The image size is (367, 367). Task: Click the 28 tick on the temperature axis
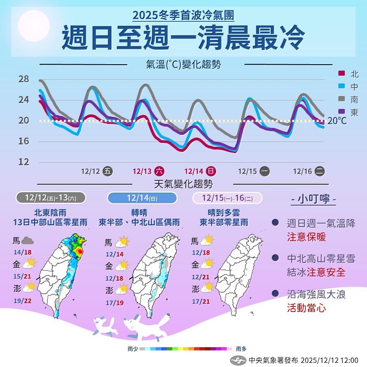(x=23, y=79)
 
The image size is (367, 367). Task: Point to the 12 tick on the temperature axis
(x=23, y=161)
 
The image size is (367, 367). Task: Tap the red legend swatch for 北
(x=341, y=73)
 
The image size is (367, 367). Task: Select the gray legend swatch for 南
(x=341, y=99)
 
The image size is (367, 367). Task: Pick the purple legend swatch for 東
(x=341, y=111)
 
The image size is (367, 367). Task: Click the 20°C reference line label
(x=337, y=121)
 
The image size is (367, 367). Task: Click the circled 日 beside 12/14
(x=211, y=171)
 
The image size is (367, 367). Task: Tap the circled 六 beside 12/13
(x=159, y=171)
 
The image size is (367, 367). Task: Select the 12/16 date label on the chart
(x=302, y=171)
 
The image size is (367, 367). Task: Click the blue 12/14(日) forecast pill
(x=142, y=198)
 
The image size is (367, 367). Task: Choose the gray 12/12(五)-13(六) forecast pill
(x=51, y=198)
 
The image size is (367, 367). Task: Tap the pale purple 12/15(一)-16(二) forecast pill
(x=228, y=198)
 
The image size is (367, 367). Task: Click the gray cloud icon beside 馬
(x=28, y=240)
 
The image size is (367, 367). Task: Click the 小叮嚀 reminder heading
(x=314, y=200)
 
